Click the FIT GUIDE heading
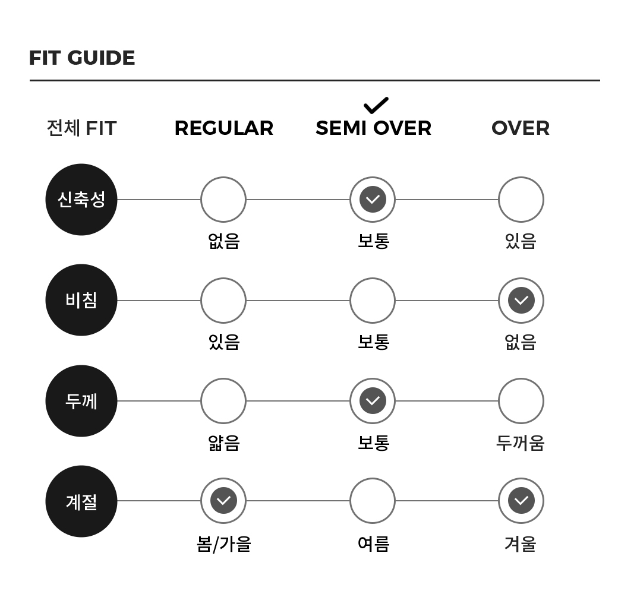82,58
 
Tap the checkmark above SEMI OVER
376,105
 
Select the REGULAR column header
224,128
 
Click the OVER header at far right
521,128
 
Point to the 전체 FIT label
81,128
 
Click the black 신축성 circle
81,200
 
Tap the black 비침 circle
81,300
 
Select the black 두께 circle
81,401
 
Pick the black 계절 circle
81,501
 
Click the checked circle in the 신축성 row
373,200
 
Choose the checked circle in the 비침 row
521,301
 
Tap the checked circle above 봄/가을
223,501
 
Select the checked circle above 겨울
521,501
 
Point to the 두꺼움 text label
521,443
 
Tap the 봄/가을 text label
224,544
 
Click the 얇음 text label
224,443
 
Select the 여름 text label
373,544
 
